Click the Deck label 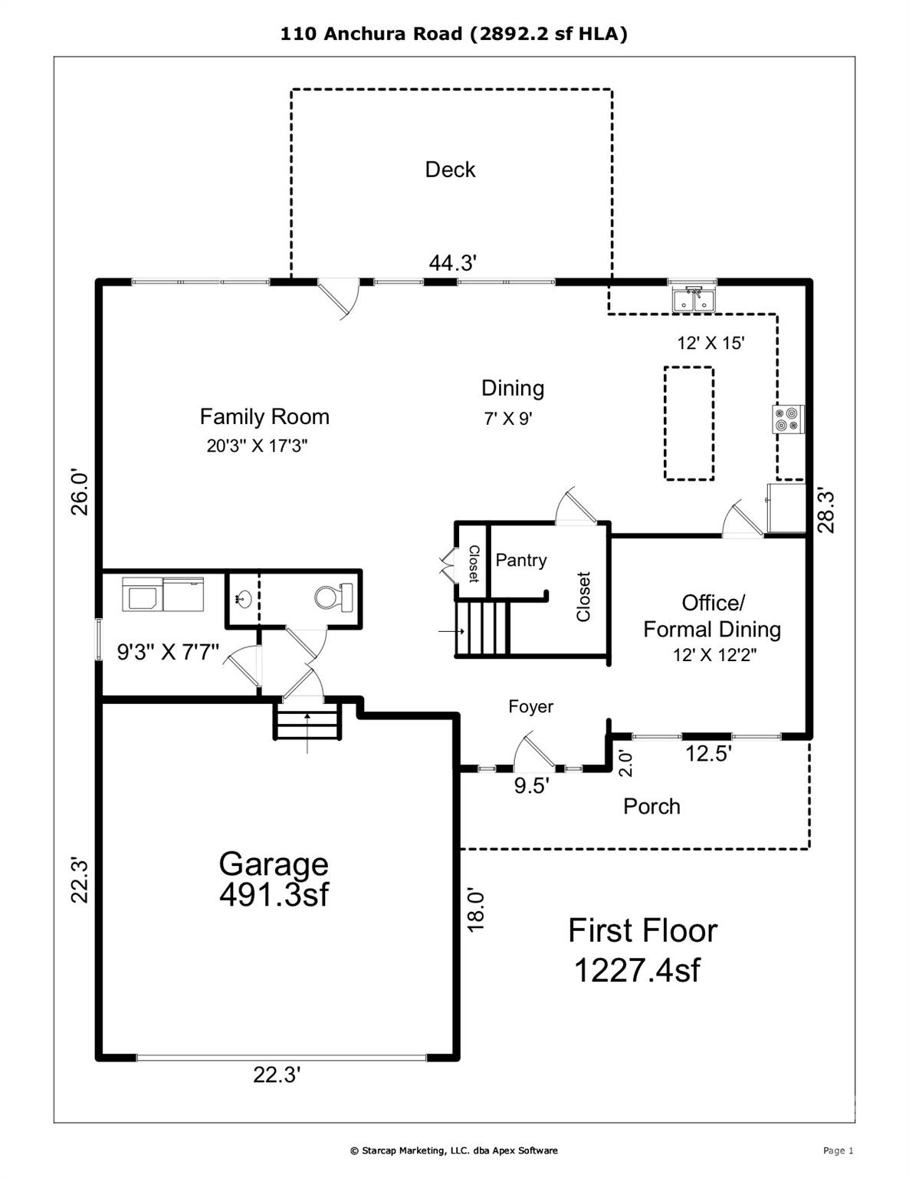[x=450, y=169]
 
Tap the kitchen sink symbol [x=693, y=300]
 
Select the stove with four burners [x=787, y=419]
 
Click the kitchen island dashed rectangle [x=688, y=423]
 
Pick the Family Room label [x=264, y=416]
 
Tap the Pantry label [x=521, y=560]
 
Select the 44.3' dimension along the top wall [x=453, y=263]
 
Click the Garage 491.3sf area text [x=274, y=879]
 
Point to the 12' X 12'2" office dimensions [x=714, y=655]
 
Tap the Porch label [x=651, y=806]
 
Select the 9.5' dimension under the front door [x=531, y=786]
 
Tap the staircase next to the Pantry [x=482, y=629]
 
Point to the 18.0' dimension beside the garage [x=476, y=910]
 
